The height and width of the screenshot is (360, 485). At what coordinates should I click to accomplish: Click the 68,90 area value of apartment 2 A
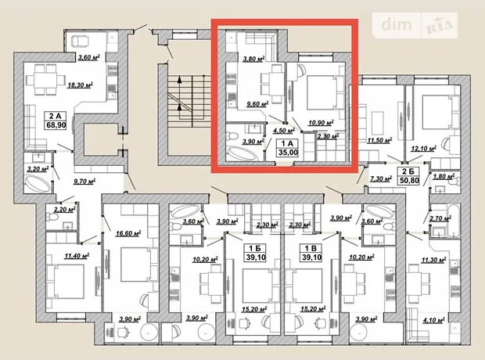[x=56, y=125]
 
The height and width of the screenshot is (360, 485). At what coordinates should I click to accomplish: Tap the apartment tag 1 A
[x=287, y=143]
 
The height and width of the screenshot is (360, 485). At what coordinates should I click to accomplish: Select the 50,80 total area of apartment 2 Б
[x=409, y=180]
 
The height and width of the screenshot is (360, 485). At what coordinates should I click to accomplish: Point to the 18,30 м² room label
[x=81, y=85]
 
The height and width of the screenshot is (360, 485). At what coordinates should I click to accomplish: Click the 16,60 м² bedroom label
[x=128, y=233]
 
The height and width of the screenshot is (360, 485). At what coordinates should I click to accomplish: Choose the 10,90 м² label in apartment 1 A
[x=321, y=123]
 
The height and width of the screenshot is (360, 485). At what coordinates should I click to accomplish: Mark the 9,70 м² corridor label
[x=84, y=181]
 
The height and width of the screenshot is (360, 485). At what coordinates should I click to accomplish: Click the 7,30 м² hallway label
[x=381, y=178]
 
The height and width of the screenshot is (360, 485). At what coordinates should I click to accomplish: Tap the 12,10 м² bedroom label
[x=423, y=148]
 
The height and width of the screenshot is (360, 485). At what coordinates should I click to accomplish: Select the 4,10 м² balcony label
[x=434, y=319]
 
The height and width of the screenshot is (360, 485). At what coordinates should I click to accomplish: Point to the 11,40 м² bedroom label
[x=77, y=256]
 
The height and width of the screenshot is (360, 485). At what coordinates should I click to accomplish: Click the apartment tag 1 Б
[x=253, y=249]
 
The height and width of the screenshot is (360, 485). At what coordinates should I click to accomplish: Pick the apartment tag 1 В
[x=311, y=249]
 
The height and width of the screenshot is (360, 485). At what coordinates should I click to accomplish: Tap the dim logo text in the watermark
[x=397, y=24]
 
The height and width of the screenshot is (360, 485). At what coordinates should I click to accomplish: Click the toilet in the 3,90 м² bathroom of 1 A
[x=232, y=136]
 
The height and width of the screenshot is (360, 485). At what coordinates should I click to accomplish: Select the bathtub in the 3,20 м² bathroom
[x=38, y=184]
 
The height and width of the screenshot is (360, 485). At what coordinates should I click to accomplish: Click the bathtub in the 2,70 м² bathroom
[x=454, y=221]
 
